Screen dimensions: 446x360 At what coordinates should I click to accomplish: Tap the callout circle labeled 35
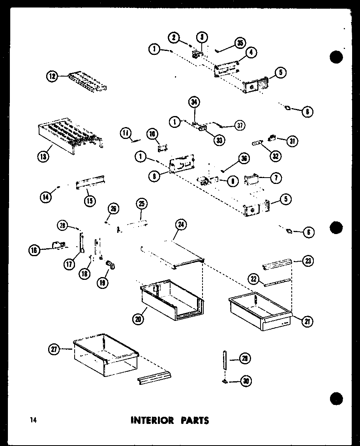[239, 43]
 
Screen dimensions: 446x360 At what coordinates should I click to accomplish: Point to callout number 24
[180, 225]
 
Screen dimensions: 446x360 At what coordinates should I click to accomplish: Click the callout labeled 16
[34, 249]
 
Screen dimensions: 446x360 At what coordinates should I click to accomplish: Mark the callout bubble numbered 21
[308, 322]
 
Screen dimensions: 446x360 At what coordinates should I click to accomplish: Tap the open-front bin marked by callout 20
[172, 302]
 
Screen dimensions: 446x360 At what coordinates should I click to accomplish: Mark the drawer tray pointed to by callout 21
[259, 312]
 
